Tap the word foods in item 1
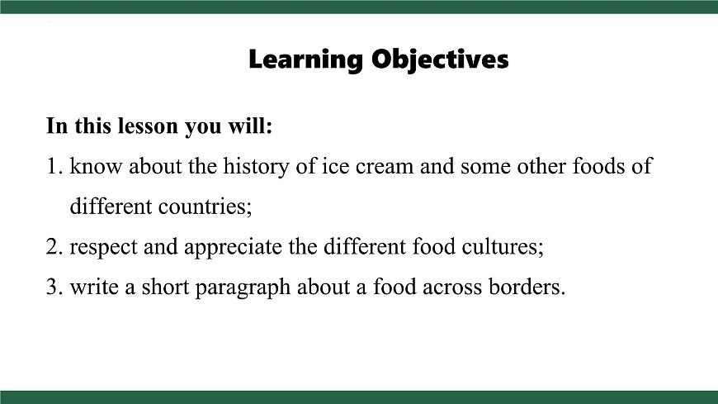click(x=600, y=166)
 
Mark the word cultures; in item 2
click(x=503, y=246)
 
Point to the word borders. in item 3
click(x=527, y=287)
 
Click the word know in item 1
click(x=92, y=166)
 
